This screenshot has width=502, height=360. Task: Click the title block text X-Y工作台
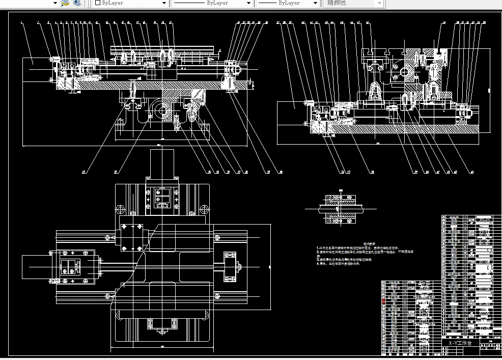(x=460, y=343)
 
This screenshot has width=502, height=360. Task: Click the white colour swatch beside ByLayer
(x=98, y=3)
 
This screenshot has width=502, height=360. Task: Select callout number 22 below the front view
(x=116, y=172)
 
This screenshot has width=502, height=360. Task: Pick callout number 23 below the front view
(x=83, y=172)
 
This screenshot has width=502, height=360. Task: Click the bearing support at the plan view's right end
(x=232, y=266)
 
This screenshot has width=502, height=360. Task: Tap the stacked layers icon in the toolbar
(x=76, y=3)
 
